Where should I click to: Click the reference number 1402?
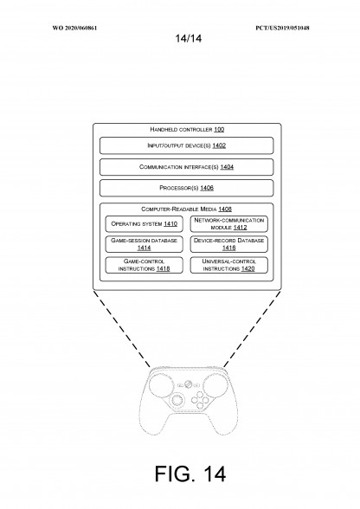click(x=219, y=145)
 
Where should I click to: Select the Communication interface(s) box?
click(x=187, y=167)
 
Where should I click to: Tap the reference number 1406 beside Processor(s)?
click(x=207, y=188)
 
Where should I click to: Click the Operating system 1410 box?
click(x=145, y=224)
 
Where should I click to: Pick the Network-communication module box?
click(x=229, y=224)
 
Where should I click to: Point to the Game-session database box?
click(x=145, y=244)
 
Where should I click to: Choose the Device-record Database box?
click(x=229, y=244)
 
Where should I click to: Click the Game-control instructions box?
click(x=145, y=265)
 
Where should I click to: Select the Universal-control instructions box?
click(x=229, y=265)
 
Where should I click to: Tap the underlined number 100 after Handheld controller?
click(x=219, y=130)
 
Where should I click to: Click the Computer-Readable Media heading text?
click(x=179, y=209)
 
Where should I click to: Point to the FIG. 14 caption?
click(x=190, y=474)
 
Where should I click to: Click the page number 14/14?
click(x=189, y=39)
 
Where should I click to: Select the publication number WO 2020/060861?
click(x=74, y=28)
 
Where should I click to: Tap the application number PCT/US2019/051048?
click(x=282, y=28)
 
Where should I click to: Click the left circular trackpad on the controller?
click(x=161, y=385)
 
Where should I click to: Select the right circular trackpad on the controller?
click(x=215, y=385)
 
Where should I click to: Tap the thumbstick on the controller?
click(x=177, y=400)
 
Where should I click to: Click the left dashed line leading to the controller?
click(x=122, y=329)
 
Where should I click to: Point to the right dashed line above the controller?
click(x=252, y=329)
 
